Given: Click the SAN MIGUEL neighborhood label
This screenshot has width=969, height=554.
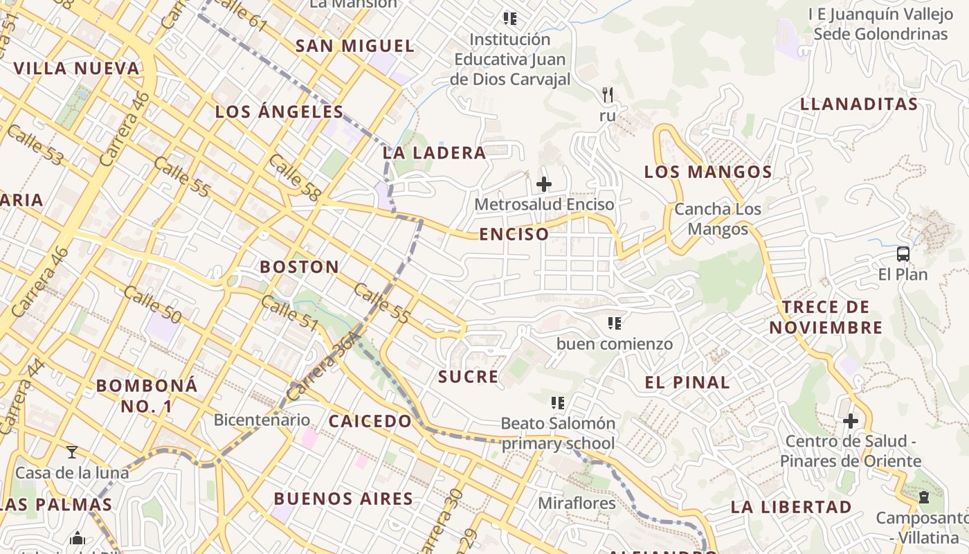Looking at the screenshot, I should click(354, 46).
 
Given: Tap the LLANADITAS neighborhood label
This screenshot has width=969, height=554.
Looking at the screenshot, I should click(859, 105).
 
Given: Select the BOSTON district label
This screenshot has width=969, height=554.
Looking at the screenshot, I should click(299, 267).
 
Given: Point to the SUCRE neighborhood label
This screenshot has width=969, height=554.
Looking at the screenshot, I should click(468, 377).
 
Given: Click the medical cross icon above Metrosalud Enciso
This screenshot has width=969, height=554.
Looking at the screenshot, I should click(544, 184).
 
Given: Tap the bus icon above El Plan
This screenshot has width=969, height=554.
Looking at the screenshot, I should click(903, 254).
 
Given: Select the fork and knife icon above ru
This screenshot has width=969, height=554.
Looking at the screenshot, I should click(608, 94).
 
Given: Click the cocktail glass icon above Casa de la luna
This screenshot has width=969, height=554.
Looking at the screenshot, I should click(72, 452).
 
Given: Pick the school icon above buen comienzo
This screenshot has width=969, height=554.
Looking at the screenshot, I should click(614, 323).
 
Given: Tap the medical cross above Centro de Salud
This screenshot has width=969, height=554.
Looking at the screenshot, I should click(851, 421).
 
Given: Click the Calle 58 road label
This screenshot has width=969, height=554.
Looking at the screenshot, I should click(294, 178).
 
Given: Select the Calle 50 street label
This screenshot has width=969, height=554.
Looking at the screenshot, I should click(152, 305).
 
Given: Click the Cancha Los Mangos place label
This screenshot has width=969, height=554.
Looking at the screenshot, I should click(718, 219).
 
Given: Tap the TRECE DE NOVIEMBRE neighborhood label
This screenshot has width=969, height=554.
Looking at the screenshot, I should click(826, 317).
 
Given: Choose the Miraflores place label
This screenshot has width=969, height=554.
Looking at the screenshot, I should click(577, 503).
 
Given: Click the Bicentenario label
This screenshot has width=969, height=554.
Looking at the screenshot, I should click(262, 420).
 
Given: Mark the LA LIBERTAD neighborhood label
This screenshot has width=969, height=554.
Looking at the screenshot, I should click(791, 507).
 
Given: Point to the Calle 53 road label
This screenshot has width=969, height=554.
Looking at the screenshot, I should click(36, 145).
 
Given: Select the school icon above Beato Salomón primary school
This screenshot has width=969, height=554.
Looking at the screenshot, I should click(558, 403).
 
